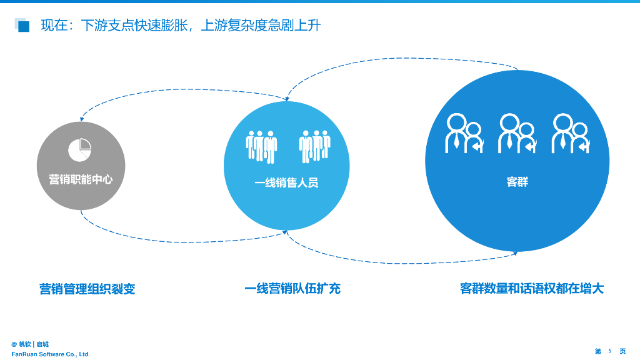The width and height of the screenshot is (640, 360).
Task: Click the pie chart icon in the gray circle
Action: pyautogui.click(x=80, y=148)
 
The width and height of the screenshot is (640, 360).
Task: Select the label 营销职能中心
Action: pyautogui.click(x=81, y=179)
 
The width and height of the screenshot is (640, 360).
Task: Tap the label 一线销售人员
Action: pyautogui.click(x=286, y=183)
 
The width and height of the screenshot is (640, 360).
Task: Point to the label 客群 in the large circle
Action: pyautogui.click(x=517, y=182)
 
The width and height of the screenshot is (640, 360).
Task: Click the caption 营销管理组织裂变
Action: pyautogui.click(x=87, y=289)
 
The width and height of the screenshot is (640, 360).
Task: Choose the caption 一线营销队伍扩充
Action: pyautogui.click(x=292, y=289)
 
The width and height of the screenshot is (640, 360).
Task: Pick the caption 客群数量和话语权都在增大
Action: pyautogui.click(x=532, y=289)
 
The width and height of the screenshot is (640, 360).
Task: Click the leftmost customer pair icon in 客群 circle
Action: pyautogui.click(x=464, y=134)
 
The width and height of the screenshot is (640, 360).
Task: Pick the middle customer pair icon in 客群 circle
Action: pyautogui.click(x=517, y=134)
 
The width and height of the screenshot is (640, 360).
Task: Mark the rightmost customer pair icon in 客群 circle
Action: pyautogui.click(x=570, y=134)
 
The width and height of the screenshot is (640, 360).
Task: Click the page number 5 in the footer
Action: pyautogui.click(x=610, y=351)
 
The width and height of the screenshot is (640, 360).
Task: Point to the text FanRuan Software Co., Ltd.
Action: pyautogui.click(x=51, y=354)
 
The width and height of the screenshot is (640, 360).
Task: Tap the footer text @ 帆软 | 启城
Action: pyautogui.click(x=30, y=344)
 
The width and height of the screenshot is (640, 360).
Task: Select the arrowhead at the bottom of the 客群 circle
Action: pyautogui.click(x=515, y=252)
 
